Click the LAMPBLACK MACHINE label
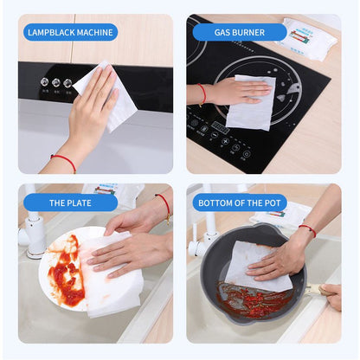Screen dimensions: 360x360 click(x=70, y=33)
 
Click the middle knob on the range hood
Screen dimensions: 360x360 click(x=55, y=83)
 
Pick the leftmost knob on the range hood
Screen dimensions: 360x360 click(x=44, y=82)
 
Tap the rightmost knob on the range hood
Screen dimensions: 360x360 click(x=67, y=83)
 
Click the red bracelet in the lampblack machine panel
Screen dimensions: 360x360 click(x=63, y=161)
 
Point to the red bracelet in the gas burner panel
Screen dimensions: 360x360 click(x=202, y=93)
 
